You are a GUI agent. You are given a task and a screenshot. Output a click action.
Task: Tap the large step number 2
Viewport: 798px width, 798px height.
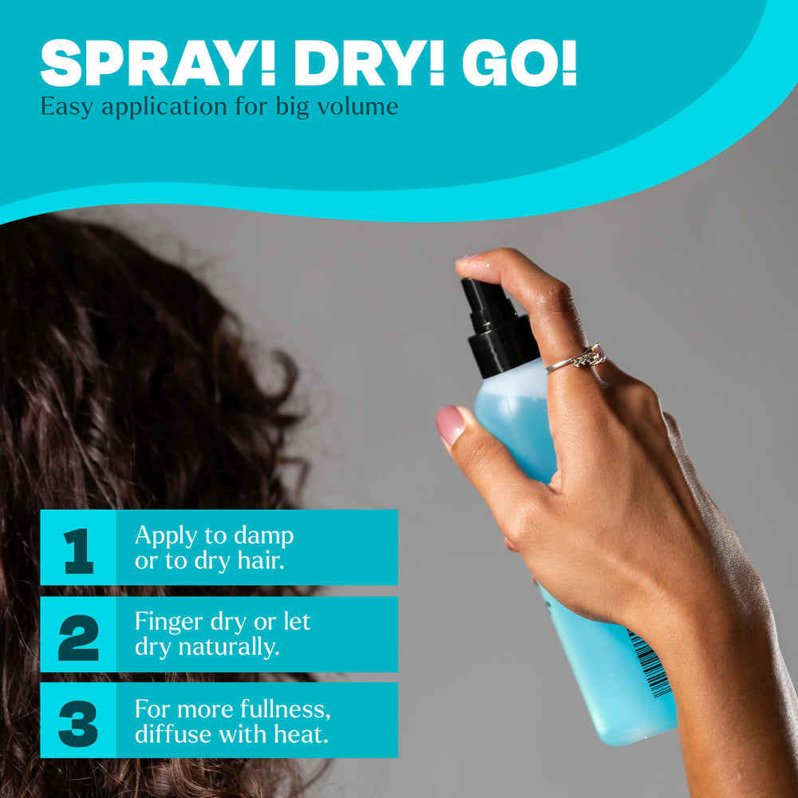pyautogui.click(x=78, y=637)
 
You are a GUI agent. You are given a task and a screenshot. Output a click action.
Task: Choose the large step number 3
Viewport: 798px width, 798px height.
pyautogui.click(x=78, y=722)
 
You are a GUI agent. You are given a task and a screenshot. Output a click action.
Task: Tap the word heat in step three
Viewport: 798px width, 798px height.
pyautogui.click(x=307, y=734)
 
